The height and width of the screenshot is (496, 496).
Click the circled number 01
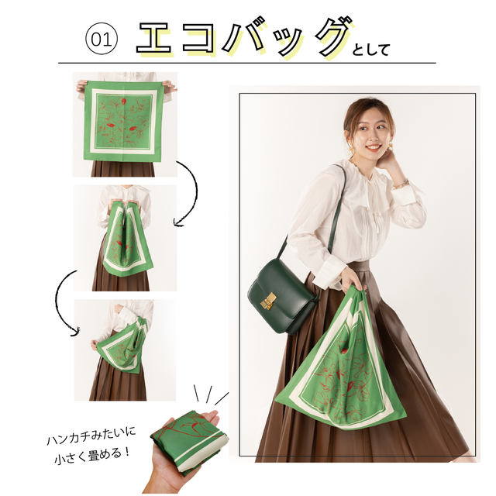coord(102,40)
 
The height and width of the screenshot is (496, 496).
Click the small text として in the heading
coord(370,50)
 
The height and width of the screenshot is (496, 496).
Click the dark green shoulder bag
coord(282,294)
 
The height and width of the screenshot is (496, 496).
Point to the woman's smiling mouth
coord(373,147)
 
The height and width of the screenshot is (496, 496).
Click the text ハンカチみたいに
coord(91,436)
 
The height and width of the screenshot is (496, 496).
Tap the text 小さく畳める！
coord(92,456)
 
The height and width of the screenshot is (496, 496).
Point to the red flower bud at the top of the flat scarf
coord(124,102)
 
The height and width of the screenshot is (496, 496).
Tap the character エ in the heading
coord(155,39)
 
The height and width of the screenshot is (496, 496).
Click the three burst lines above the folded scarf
coord(210,395)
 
